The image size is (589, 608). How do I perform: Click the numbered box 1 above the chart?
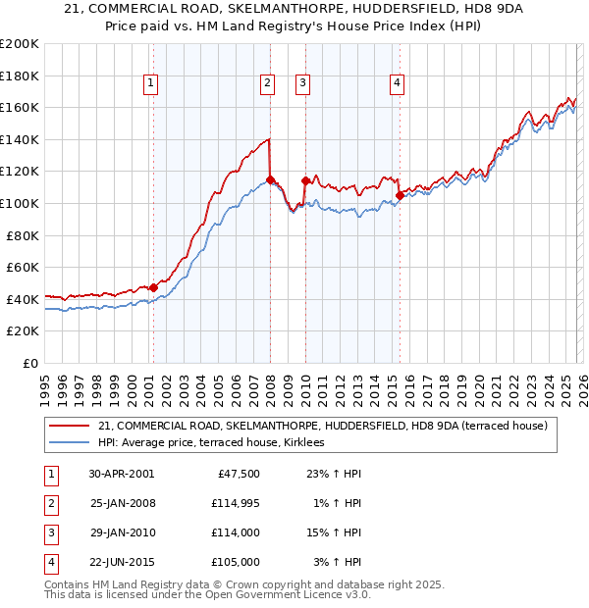(x=151, y=84)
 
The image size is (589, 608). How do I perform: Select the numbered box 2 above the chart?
(x=267, y=84)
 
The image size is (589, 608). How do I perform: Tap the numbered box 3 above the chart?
(x=302, y=84)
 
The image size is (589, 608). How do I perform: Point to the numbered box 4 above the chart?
(x=397, y=84)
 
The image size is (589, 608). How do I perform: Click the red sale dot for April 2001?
(x=154, y=286)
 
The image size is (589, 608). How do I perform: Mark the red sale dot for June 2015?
(x=400, y=195)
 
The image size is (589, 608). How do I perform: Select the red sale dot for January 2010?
(x=305, y=180)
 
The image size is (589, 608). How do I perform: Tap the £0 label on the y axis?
(x=29, y=363)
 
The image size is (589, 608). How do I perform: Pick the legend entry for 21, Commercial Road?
(x=327, y=426)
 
